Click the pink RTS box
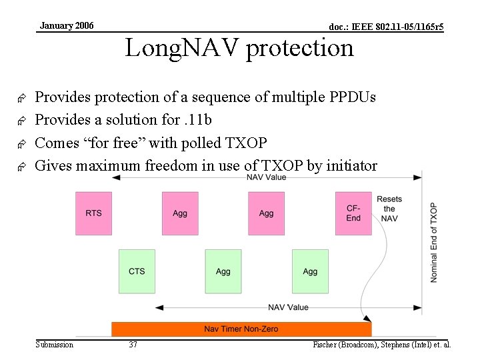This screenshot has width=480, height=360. coord(93,213)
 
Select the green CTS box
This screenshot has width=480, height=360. coord(137,271)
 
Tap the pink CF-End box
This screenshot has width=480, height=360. coord(353,213)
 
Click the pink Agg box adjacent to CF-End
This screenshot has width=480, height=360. coord(267,213)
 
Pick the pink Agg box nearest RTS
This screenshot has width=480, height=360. coord(180,213)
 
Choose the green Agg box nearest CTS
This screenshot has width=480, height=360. coord(223,271)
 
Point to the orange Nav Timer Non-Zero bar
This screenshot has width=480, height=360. coord(241,329)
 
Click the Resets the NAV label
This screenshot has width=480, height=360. coord(389,209)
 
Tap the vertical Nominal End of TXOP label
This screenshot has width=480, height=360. coord(433,242)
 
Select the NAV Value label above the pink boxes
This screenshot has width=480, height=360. coord(267,177)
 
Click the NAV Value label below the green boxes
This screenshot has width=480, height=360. coord(288,307)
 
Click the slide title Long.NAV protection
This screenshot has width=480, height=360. coord(239,48)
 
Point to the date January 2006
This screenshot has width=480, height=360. coord(67,26)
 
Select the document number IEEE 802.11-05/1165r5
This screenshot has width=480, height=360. coord(387,27)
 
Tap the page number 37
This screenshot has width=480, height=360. coord(133,345)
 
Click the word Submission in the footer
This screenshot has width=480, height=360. coord(55,345)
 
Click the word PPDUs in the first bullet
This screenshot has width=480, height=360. coord(353,97)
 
